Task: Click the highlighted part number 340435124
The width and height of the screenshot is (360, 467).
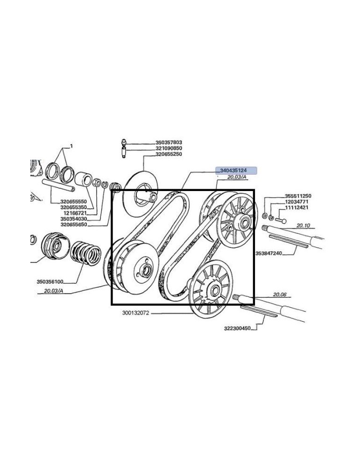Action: coord(233,170)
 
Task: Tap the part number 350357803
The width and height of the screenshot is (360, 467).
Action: coord(169,142)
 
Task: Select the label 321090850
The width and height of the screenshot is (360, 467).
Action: coord(169,148)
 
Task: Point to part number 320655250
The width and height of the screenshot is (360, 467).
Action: coord(169,154)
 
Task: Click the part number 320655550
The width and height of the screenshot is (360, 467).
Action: coord(74,202)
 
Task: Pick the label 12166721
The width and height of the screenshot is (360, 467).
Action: coord(75,213)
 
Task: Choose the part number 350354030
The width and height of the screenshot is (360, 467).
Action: coord(74,219)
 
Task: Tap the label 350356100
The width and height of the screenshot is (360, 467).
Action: coord(50,282)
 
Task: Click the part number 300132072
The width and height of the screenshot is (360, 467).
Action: coord(135,313)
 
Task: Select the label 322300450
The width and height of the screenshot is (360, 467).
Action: coord(237,328)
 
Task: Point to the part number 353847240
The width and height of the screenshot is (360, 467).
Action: coord(269,254)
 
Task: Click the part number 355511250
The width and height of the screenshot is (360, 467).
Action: coord(298,196)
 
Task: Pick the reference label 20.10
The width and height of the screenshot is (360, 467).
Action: coord(303,226)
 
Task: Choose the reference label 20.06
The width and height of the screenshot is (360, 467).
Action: coord(279,295)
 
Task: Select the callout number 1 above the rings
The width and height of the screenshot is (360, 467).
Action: coord(71,146)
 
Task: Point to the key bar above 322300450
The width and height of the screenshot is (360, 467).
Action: coord(259,310)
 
